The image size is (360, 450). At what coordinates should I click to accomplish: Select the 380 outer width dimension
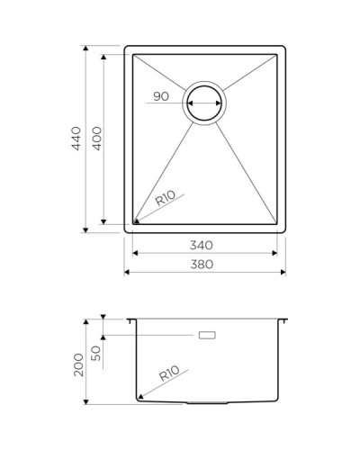[203, 265]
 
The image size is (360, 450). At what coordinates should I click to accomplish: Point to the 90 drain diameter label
[162, 96]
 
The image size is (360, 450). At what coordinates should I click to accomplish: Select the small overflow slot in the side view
[208, 336]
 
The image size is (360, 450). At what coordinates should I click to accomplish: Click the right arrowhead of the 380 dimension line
[283, 272]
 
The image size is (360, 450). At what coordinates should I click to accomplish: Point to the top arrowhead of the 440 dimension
[86, 45]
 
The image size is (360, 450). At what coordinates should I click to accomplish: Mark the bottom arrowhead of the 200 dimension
[86, 400]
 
